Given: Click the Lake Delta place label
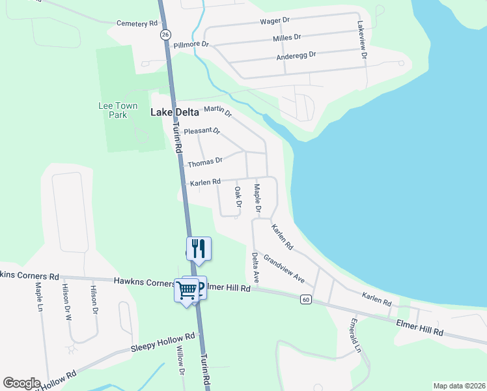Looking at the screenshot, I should (x=174, y=112).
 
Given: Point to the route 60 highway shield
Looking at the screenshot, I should (x=305, y=299).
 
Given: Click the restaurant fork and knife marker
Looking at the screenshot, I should (x=199, y=248).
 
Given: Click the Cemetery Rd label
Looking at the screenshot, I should (x=137, y=23).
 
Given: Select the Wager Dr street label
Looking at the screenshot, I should (x=275, y=21).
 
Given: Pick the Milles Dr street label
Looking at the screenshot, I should (x=287, y=38).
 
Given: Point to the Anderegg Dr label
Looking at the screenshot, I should (x=296, y=55).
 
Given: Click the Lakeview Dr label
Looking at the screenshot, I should (x=363, y=41).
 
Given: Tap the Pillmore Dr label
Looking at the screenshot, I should (x=191, y=45).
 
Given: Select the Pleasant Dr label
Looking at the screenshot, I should (x=202, y=131).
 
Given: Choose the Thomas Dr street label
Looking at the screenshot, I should (x=205, y=160).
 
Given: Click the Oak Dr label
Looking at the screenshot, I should (x=238, y=197).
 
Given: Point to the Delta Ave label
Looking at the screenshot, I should (x=256, y=268).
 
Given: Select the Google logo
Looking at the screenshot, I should (x=21, y=383).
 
